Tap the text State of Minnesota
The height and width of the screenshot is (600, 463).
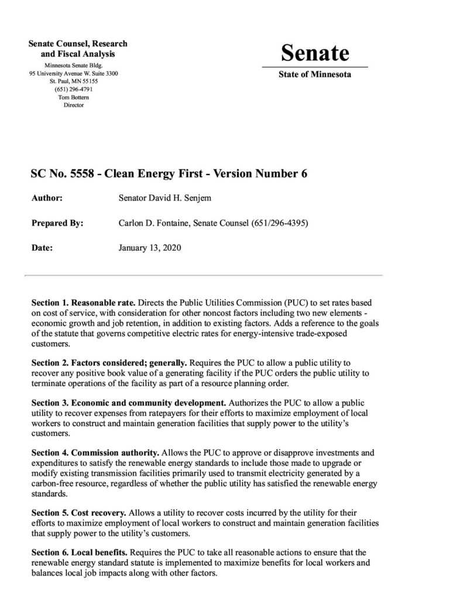click(315, 75)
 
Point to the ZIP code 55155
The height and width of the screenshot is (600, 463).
click(90, 82)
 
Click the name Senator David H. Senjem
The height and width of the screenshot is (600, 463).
click(163, 199)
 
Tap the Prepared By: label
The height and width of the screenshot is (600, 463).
click(56, 223)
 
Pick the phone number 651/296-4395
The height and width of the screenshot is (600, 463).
click(277, 223)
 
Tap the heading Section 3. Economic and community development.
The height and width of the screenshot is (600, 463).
click(127, 404)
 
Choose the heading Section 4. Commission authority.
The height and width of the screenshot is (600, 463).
click(95, 454)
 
